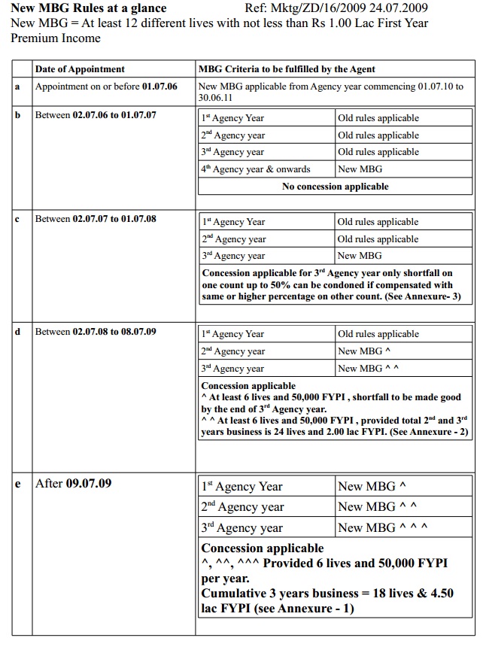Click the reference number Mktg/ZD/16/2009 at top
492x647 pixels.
point(336,8)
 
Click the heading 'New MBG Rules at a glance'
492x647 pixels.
point(88,8)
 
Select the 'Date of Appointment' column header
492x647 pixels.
point(80,69)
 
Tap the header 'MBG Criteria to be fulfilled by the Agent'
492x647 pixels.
point(287,69)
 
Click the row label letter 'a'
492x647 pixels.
point(17,87)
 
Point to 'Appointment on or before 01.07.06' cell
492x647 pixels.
point(106,87)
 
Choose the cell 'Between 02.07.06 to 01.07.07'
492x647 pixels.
point(96,115)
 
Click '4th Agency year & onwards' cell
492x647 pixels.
point(255,169)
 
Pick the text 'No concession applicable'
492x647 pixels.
point(336,186)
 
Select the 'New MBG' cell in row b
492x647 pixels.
point(360,169)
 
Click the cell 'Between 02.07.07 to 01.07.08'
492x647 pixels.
point(96,219)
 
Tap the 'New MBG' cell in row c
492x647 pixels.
point(360,256)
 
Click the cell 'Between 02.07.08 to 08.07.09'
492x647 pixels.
point(96,331)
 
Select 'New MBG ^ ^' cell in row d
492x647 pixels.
point(368,368)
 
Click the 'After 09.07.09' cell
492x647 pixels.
point(74,483)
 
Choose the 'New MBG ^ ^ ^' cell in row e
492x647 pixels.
point(383,527)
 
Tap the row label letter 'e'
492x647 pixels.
point(17,483)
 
